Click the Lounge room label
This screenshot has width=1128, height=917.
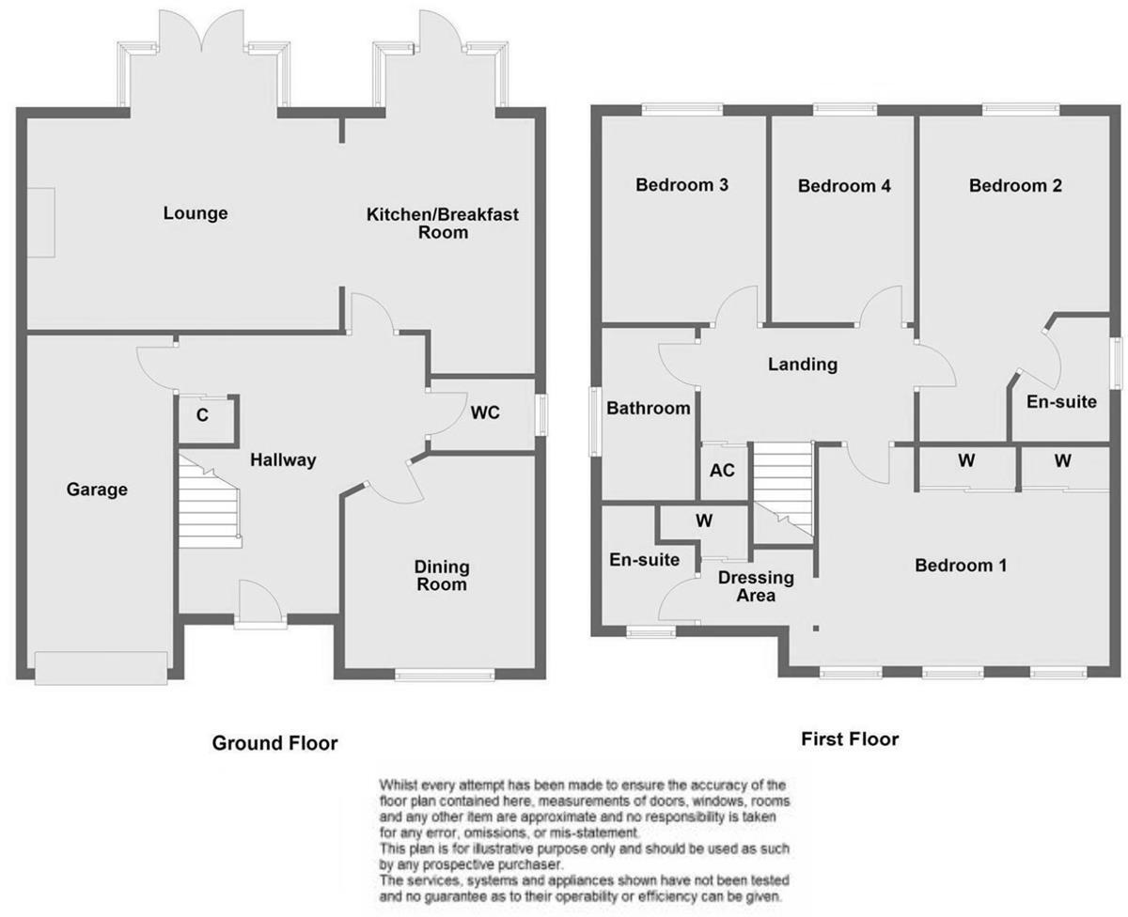coord(196,213)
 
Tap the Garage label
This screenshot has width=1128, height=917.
coord(97,490)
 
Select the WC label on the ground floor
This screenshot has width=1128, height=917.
coord(485,412)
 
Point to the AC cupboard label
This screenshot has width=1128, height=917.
coord(722,470)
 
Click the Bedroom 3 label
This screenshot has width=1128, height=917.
coord(682,185)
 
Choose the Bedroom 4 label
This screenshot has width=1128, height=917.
coord(844,186)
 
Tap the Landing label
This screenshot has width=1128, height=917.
coord(803,365)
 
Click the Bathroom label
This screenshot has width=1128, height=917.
coord(649,408)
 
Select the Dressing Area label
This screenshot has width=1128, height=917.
coord(757,586)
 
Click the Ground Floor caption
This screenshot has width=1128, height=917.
coord(274,743)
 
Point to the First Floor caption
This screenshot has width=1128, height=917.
coord(850,739)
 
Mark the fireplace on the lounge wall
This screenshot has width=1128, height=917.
coord(41,223)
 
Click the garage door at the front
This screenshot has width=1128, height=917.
coord(102,668)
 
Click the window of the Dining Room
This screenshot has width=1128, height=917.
coord(445,675)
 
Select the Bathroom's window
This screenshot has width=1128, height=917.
coord(596,422)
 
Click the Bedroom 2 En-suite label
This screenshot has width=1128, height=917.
coord(1061,402)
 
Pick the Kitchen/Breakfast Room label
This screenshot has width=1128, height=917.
coord(443,224)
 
